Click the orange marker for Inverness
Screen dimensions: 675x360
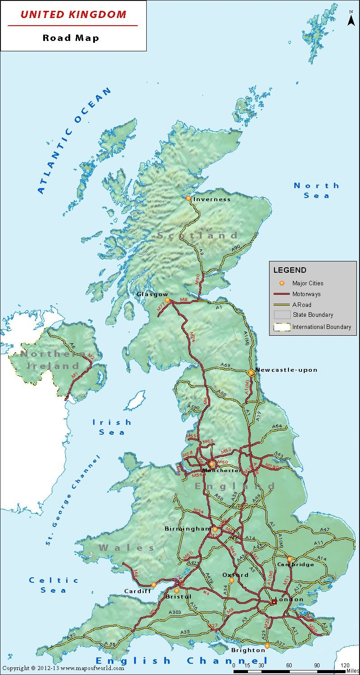pyautogui.click(x=189, y=198)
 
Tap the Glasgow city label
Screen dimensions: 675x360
pyautogui.click(x=152, y=294)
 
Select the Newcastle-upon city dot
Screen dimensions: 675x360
pyautogui.click(x=251, y=373)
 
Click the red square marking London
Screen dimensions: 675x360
pyautogui.click(x=274, y=602)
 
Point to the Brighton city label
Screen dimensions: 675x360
pyautogui.click(x=248, y=650)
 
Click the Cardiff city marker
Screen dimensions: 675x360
pyautogui.click(x=153, y=585)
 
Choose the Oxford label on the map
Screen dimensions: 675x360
pyautogui.click(x=235, y=575)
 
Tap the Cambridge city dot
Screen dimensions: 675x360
pyautogui.click(x=290, y=559)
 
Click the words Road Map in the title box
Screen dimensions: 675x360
pyautogui.click(x=71, y=38)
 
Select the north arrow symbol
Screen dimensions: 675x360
pyautogui.click(x=351, y=20)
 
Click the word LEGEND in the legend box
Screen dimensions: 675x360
pyautogui.click(x=290, y=270)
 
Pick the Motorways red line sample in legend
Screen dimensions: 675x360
pyautogui.click(x=281, y=294)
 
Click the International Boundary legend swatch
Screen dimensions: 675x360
pyautogui.click(x=282, y=327)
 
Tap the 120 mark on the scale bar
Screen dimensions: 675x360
pyautogui.click(x=345, y=665)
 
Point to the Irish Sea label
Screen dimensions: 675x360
pyautogui.click(x=112, y=427)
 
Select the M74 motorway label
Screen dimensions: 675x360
pyautogui.click(x=192, y=337)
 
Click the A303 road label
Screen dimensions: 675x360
pyautogui.click(x=175, y=612)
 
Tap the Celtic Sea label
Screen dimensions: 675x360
pyautogui.click(x=54, y=585)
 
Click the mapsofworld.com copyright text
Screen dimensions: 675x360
pyautogui.click(x=63, y=669)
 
